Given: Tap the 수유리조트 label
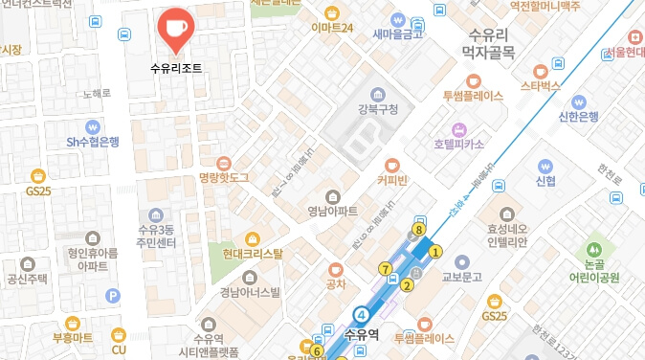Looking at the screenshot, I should [x=176, y=69].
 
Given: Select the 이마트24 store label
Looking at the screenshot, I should [x=332, y=28].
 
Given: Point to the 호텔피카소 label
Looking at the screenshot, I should [x=458, y=144].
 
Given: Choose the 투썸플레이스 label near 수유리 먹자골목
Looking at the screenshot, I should [x=473, y=97].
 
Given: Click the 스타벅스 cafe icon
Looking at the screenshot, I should [x=539, y=69].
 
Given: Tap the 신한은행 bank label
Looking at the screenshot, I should [x=578, y=117].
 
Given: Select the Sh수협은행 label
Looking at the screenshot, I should [x=93, y=142].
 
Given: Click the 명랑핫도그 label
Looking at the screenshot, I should [x=223, y=178].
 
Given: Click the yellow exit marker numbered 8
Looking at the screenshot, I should [x=419, y=230].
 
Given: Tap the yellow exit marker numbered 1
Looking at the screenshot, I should [x=435, y=252].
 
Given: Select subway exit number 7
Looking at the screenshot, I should [x=385, y=268].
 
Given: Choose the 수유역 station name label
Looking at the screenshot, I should [x=363, y=335].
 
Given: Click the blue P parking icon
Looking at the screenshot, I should [x=113, y=297].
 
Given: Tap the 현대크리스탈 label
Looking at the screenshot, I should [x=253, y=254].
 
